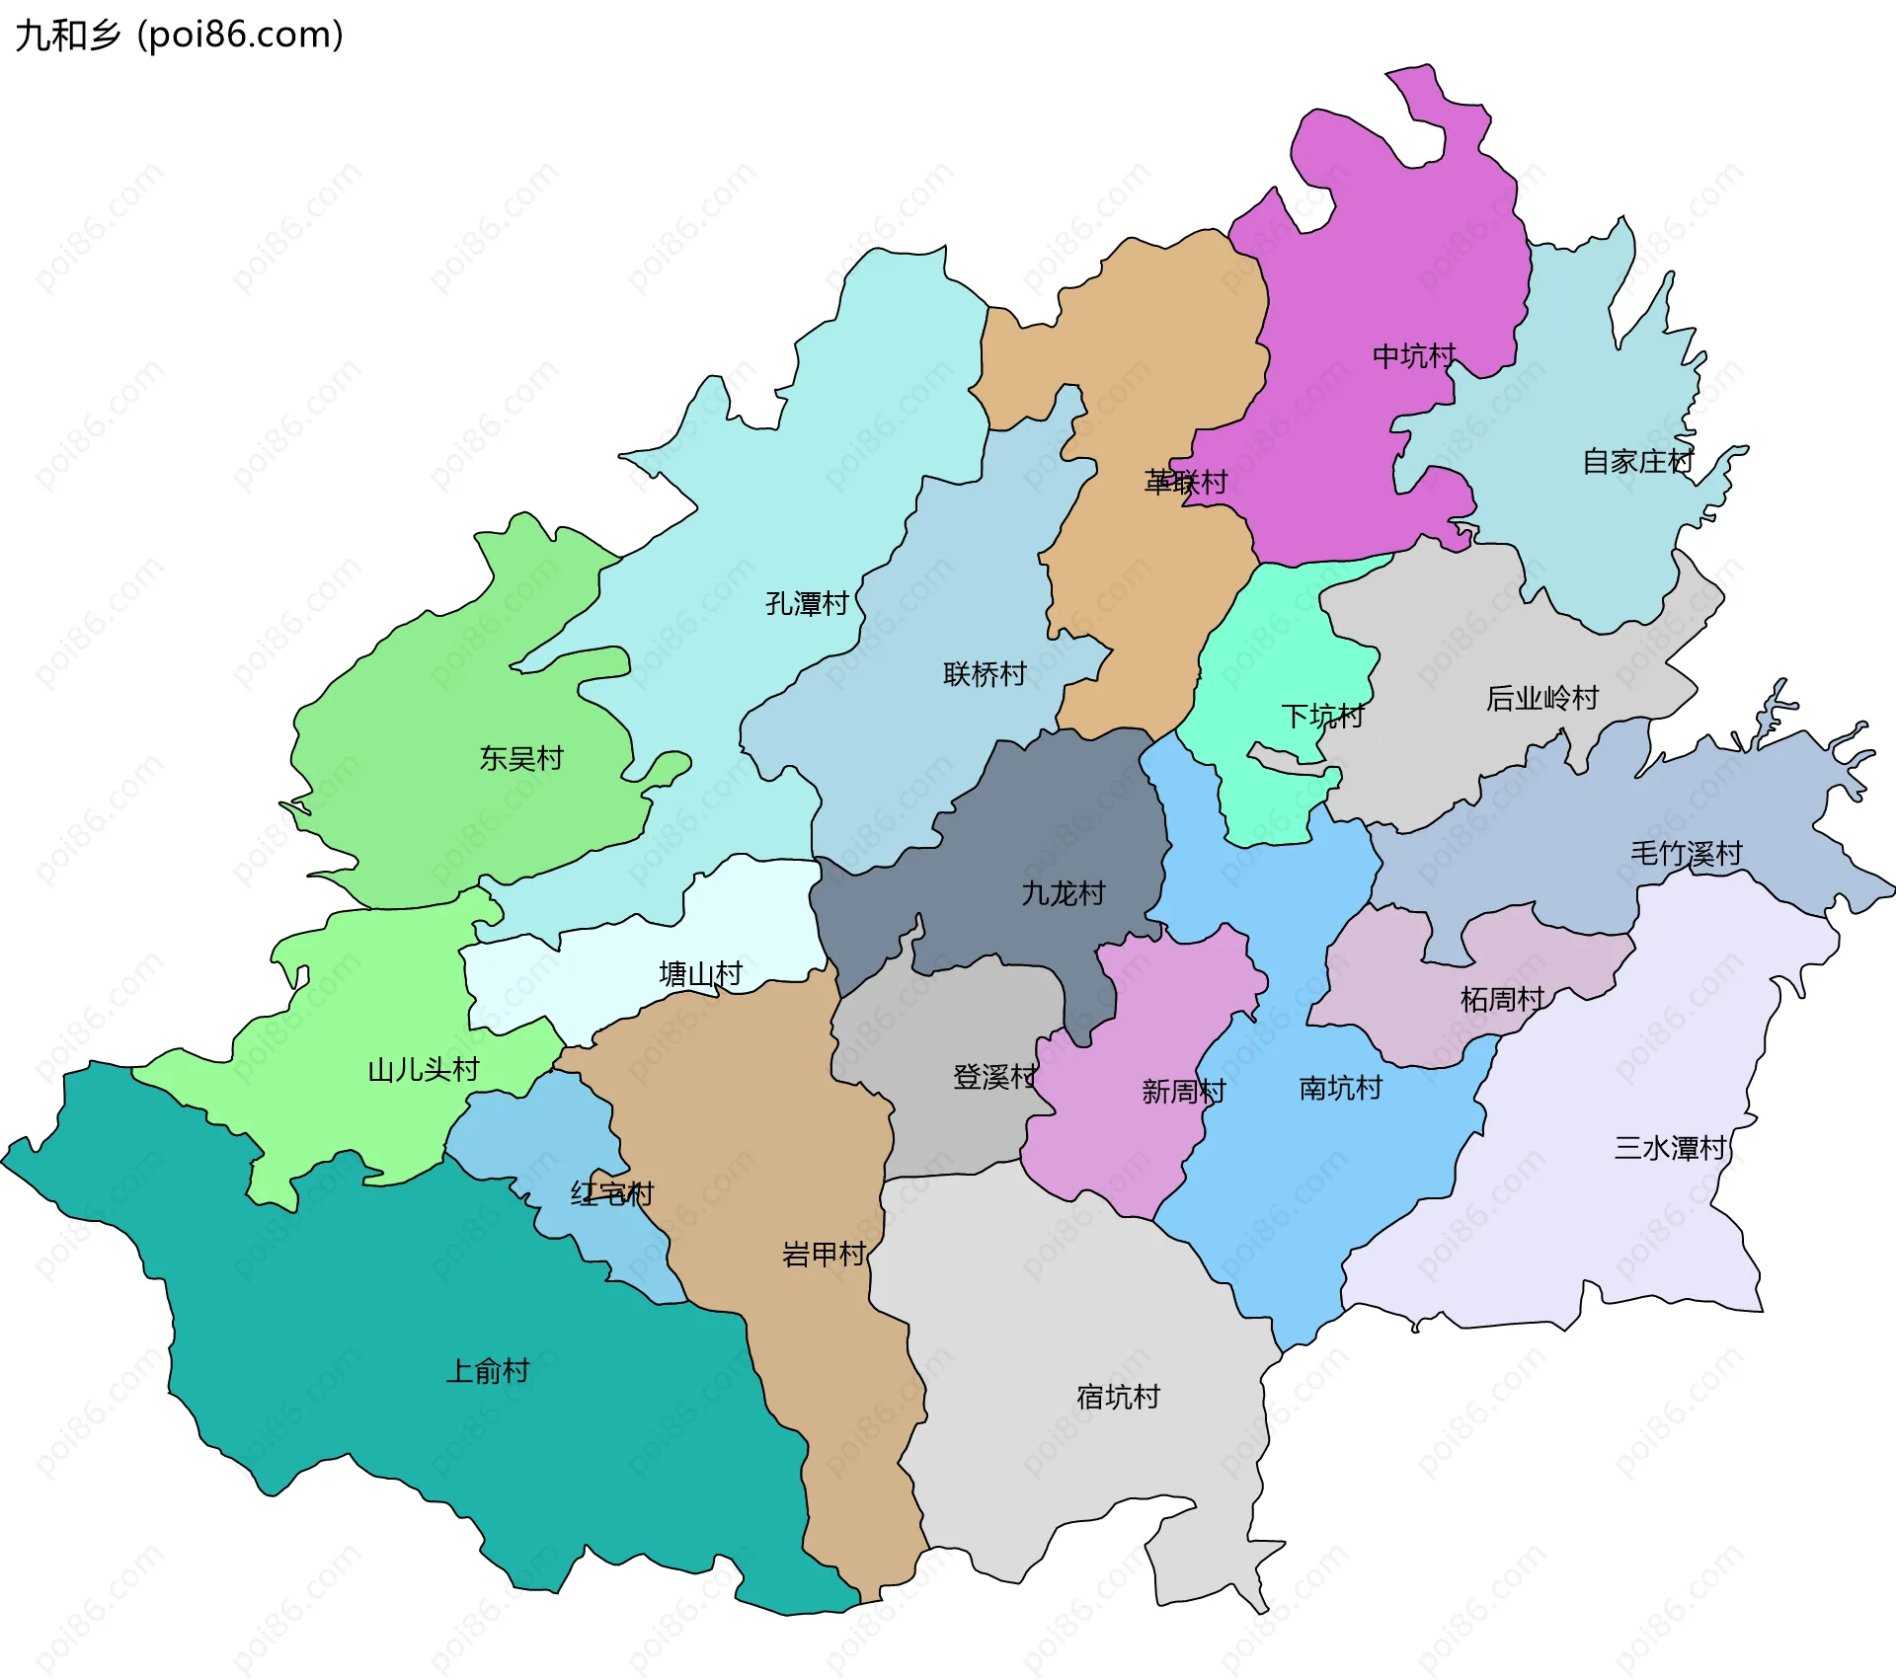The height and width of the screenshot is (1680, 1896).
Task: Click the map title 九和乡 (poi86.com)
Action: pyautogui.click(x=180, y=35)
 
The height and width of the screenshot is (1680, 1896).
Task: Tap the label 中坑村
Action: pyautogui.click(x=1414, y=356)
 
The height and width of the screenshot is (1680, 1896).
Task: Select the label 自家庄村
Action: pyautogui.click(x=1637, y=461)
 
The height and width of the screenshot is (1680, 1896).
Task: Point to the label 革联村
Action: pyautogui.click(x=1185, y=482)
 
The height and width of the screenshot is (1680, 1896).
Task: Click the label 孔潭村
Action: pyautogui.click(x=807, y=603)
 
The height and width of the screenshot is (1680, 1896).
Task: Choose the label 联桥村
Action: pyautogui.click(x=985, y=674)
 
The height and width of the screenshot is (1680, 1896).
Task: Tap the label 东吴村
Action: pyautogui.click(x=521, y=758)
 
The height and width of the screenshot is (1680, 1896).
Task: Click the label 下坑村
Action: pyautogui.click(x=1322, y=716)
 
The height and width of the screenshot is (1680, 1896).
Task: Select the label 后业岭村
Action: pyautogui.click(x=1541, y=698)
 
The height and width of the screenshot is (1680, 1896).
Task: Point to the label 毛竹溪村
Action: pyautogui.click(x=1686, y=853)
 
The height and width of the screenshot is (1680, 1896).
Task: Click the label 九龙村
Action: pyautogui.click(x=1063, y=893)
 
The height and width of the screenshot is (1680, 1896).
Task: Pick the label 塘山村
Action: pyautogui.click(x=700, y=974)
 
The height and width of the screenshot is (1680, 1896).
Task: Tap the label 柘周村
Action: pyautogui.click(x=1502, y=999)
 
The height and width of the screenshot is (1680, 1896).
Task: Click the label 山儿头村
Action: pyautogui.click(x=423, y=1070)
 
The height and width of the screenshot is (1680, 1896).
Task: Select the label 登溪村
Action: pyautogui.click(x=994, y=1076)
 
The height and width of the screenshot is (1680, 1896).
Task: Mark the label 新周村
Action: pyautogui.click(x=1183, y=1091)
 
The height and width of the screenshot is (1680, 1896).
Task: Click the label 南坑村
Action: pyautogui.click(x=1340, y=1088)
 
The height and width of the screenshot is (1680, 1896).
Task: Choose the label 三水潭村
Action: pyautogui.click(x=1670, y=1148)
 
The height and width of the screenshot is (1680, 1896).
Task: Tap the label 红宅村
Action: pyautogui.click(x=612, y=1193)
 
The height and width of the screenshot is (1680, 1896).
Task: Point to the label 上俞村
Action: pyautogui.click(x=488, y=1371)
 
